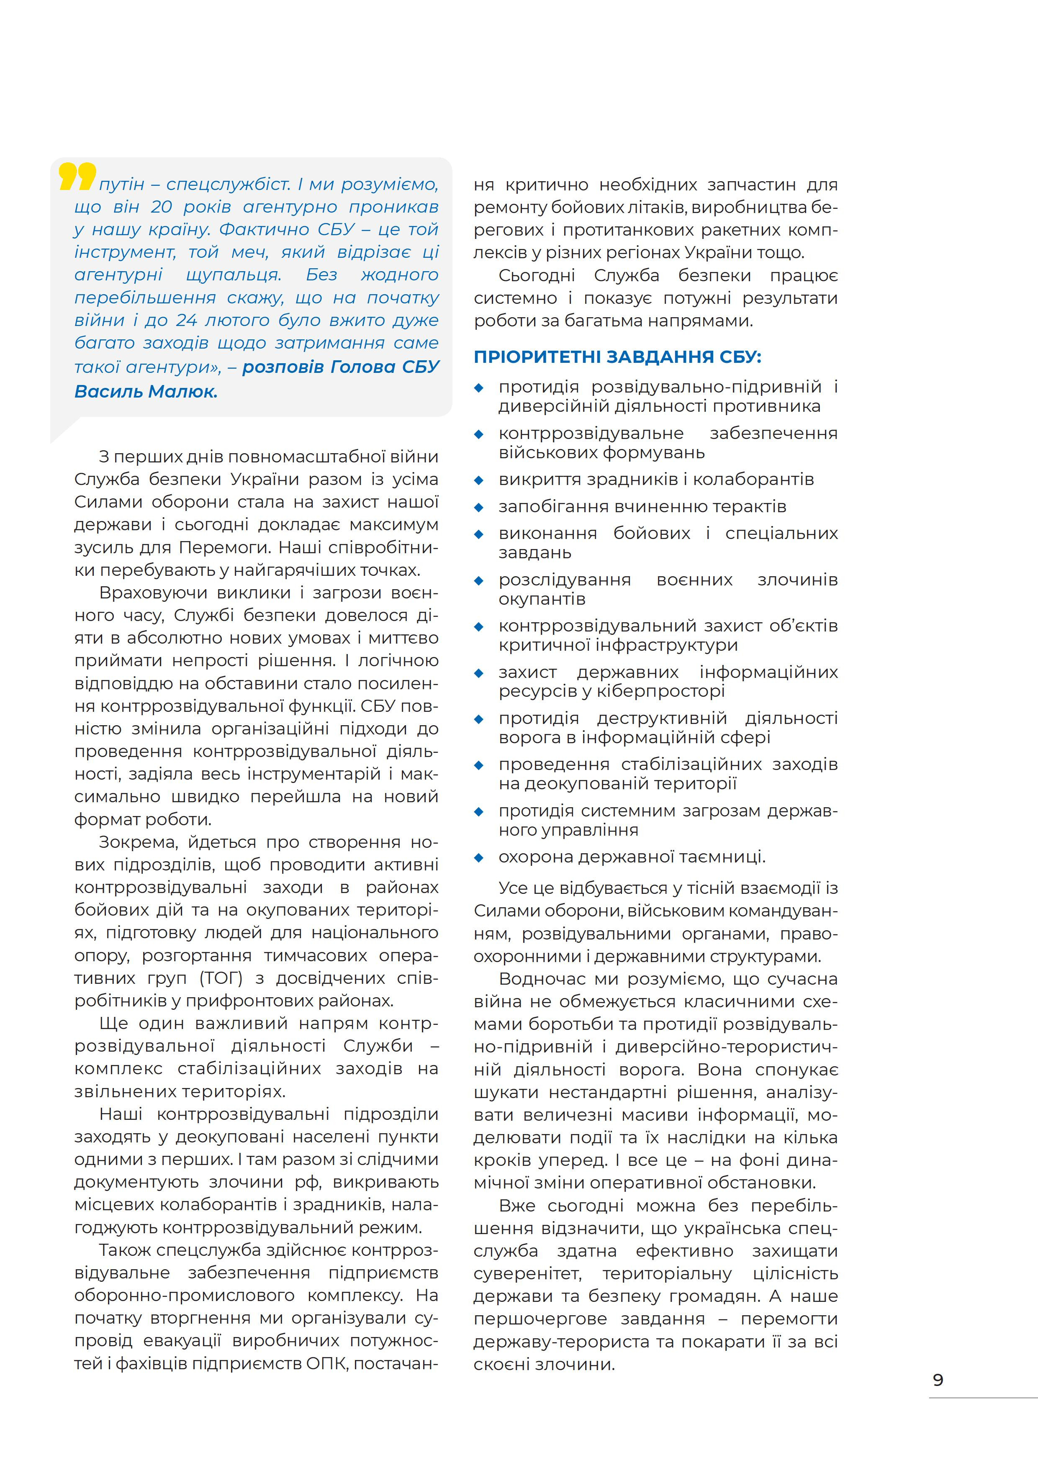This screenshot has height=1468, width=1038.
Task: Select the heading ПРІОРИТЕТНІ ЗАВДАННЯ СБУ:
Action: [617, 357]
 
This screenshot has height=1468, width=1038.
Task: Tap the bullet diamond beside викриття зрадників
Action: [478, 480]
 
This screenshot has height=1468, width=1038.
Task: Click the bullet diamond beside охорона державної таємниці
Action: [478, 857]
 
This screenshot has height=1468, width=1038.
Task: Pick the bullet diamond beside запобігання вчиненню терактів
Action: [478, 507]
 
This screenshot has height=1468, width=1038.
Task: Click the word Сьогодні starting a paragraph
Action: [536, 276]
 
